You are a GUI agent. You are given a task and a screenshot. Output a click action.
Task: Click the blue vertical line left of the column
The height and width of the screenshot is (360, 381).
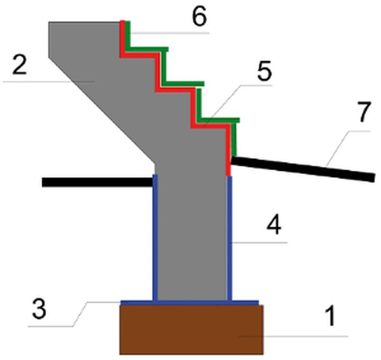pos(155,238)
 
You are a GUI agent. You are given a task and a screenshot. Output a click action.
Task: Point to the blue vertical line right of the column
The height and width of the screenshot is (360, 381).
pos(229,238)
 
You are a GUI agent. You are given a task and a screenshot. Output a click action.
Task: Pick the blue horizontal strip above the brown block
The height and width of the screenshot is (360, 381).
pos(190,302)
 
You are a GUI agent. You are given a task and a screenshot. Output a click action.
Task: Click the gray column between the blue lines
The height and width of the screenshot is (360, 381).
pos(192,238)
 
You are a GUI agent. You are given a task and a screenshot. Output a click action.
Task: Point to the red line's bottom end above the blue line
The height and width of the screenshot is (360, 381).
pos(229,172)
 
